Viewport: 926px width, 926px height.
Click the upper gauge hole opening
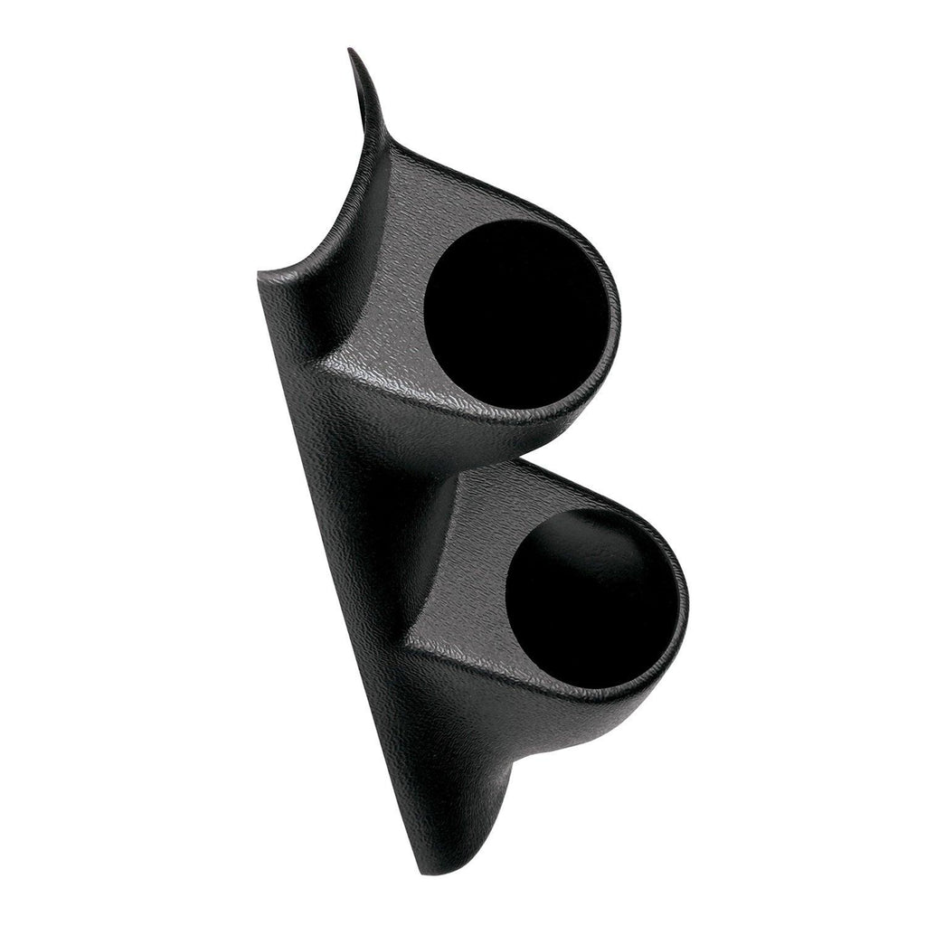[515, 312]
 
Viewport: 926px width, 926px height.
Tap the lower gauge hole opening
[592, 597]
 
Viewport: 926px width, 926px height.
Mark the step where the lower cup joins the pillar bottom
[506, 769]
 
